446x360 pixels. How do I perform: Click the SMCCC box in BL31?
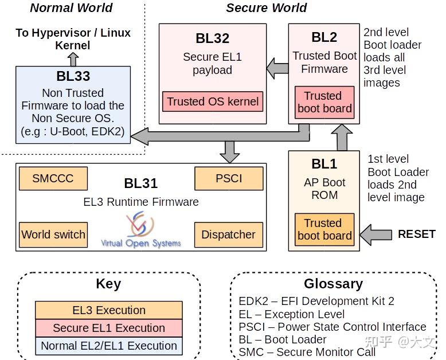[x=53, y=178]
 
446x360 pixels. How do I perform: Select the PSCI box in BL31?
[x=229, y=178]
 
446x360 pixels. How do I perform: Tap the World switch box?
[x=53, y=234]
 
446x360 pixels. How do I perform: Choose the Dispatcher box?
[x=229, y=234]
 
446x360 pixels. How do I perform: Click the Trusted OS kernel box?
[x=213, y=101]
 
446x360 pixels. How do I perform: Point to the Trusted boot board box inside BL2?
[x=324, y=102]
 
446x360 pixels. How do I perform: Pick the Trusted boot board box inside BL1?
[x=324, y=229]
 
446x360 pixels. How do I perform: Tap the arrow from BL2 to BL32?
[x=278, y=69]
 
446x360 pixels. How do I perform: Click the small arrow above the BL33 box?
[x=73, y=59]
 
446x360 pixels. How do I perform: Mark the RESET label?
[x=417, y=234]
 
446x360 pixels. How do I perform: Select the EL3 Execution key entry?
[x=109, y=310]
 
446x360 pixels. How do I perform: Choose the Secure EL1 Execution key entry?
[x=109, y=328]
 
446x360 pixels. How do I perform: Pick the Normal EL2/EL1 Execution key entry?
[x=109, y=346]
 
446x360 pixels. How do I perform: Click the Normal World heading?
[x=71, y=7]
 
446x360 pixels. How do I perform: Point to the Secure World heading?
[x=267, y=7]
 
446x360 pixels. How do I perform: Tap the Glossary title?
[x=333, y=284]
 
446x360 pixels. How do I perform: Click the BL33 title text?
[x=73, y=76]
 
